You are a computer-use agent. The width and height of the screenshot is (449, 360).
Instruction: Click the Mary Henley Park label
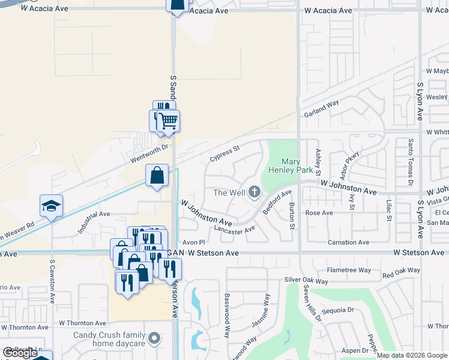[291, 166]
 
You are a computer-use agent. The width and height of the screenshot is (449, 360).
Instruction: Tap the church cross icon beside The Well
[255, 193]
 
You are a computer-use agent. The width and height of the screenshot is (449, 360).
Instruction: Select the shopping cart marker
[169, 121]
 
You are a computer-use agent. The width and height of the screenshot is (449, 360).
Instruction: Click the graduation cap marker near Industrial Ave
[52, 205]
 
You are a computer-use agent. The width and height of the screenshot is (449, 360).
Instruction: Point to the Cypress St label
[224, 153]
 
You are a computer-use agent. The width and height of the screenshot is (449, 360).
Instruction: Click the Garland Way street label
[321, 109]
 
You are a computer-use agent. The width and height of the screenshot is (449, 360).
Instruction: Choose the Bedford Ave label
[277, 203]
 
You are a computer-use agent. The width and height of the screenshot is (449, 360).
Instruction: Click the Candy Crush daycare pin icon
[155, 338]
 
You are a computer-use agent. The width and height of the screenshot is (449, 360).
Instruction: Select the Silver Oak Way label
[306, 280]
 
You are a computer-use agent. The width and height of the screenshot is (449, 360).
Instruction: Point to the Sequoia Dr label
[339, 310]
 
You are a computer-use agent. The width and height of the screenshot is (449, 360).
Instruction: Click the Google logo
[20, 353]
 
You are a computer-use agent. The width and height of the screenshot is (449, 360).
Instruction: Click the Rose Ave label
[319, 213]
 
